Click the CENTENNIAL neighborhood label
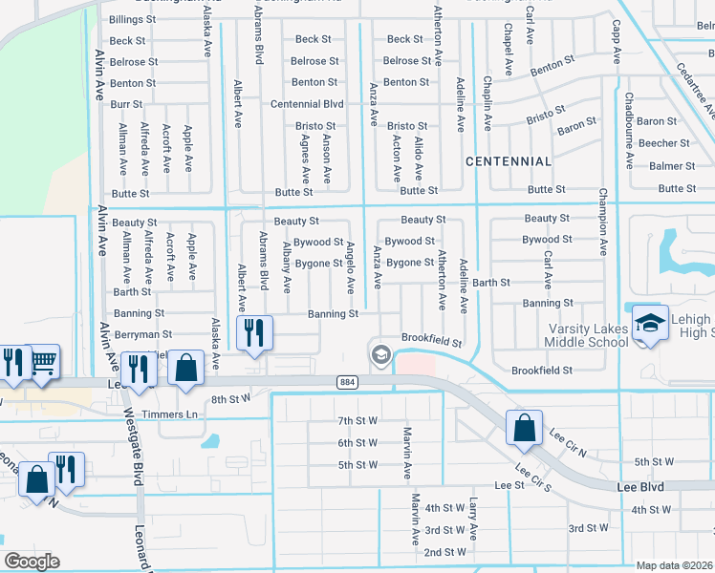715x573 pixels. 508,161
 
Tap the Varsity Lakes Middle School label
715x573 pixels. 588,335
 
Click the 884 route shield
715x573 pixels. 347,381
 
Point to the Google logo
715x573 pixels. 32,561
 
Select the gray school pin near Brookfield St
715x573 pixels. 380,355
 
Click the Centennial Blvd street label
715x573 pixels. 307,104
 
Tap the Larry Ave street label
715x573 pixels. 473,518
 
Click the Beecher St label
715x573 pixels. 663,143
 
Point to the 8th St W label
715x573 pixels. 230,398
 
